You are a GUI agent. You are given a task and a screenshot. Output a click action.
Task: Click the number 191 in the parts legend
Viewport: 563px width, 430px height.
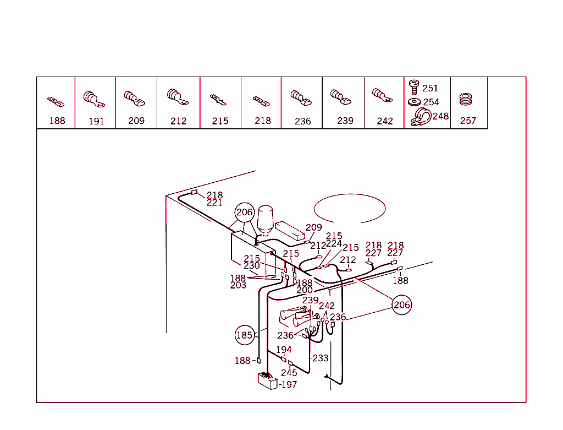(x=96, y=121)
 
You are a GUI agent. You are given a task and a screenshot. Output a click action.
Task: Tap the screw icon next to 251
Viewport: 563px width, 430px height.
(x=414, y=87)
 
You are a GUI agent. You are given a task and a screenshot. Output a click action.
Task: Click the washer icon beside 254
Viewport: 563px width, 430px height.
(x=414, y=102)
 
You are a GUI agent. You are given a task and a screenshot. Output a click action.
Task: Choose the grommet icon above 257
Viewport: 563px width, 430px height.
(x=467, y=100)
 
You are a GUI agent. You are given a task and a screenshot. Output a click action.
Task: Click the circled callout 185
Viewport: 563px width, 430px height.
(x=244, y=335)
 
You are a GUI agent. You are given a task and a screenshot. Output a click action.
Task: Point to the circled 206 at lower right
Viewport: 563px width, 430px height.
(x=401, y=304)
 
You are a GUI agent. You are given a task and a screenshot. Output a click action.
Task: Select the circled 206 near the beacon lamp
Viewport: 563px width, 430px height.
(x=245, y=213)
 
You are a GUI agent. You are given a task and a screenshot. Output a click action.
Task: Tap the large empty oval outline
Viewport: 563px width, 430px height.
(x=350, y=209)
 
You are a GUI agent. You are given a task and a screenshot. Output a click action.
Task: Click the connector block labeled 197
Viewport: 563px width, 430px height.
(x=267, y=380)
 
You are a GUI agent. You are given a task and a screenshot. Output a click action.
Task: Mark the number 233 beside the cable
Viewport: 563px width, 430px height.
(x=321, y=358)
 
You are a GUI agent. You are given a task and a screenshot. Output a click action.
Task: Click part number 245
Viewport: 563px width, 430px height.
(x=289, y=373)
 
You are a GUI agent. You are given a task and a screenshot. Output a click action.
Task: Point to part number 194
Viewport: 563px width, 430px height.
(x=284, y=350)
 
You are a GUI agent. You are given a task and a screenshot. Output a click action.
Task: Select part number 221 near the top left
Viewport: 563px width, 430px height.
(x=214, y=203)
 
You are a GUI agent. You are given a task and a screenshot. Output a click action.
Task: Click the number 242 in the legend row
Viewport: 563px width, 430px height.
(x=385, y=121)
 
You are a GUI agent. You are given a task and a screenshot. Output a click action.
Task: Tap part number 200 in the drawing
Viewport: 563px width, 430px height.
(x=305, y=290)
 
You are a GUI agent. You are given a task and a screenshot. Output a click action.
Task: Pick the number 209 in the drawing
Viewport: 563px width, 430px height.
(x=314, y=227)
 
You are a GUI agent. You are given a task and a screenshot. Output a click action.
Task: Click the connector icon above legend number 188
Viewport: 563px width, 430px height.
(x=56, y=102)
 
